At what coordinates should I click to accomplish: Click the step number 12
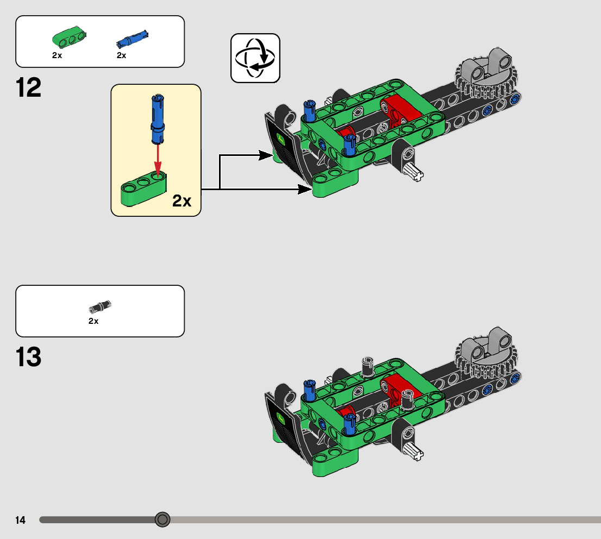click(x=29, y=88)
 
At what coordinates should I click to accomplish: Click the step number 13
click(x=29, y=357)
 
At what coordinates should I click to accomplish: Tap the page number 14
click(x=21, y=521)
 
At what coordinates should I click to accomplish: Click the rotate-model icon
click(x=255, y=58)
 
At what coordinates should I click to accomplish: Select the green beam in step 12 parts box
click(x=70, y=37)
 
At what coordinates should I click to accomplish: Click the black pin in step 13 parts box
click(x=100, y=306)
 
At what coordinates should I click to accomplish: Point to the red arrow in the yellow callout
click(x=158, y=157)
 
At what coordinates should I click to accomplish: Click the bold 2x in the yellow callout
click(x=182, y=202)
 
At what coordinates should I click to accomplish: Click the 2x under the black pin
click(x=93, y=321)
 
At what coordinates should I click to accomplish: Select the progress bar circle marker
click(x=162, y=519)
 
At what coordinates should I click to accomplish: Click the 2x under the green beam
click(x=57, y=55)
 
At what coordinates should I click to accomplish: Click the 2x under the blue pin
click(x=121, y=55)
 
